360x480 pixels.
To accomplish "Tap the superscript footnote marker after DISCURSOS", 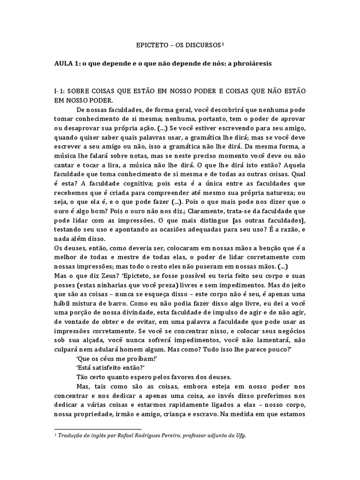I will (x=223, y=44).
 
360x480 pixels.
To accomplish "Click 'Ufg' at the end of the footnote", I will (x=239, y=435).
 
